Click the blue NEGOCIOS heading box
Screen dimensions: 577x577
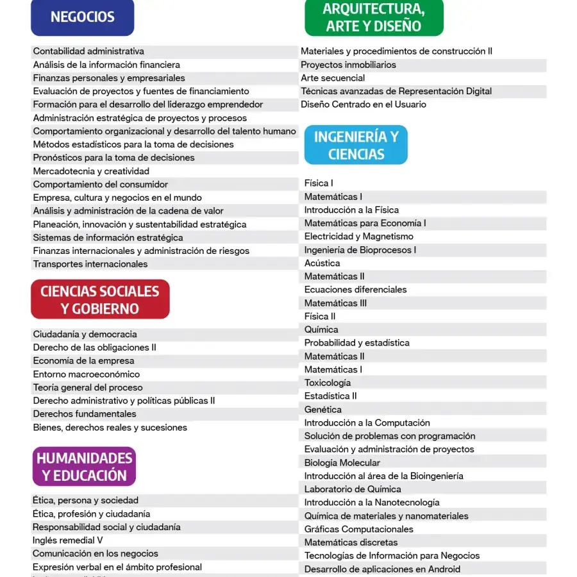(x=82, y=17)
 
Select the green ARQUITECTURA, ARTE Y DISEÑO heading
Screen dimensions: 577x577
(x=374, y=17)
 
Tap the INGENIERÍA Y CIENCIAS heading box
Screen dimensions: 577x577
(x=356, y=145)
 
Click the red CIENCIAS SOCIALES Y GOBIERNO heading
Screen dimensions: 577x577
(x=100, y=299)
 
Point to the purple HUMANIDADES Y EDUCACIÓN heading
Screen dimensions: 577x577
(x=84, y=467)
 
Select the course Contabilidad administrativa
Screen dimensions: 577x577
(x=88, y=51)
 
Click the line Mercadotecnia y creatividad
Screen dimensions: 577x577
(x=91, y=171)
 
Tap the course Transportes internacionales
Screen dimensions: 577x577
(x=90, y=264)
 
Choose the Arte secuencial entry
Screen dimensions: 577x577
(x=333, y=78)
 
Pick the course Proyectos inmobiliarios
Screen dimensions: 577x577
(x=348, y=65)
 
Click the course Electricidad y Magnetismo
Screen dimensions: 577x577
(x=358, y=237)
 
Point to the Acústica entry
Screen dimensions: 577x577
(x=322, y=263)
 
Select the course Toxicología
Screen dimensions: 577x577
(x=327, y=383)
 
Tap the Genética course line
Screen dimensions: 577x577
(x=322, y=410)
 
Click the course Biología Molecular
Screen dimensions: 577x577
(x=342, y=463)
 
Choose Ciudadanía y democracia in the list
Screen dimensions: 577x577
(x=85, y=335)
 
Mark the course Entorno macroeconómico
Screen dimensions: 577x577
(x=86, y=374)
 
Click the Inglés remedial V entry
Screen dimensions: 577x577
(x=67, y=540)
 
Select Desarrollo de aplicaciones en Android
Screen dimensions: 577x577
(x=382, y=569)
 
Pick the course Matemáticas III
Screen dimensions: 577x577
(x=335, y=303)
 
